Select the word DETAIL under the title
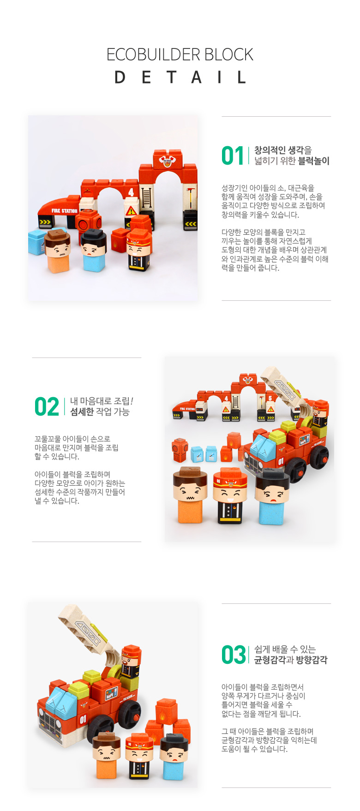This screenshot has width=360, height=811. point(180,77)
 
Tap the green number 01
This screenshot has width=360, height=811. point(233,155)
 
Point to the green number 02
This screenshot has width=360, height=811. point(47,406)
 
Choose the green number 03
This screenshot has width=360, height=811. point(234,655)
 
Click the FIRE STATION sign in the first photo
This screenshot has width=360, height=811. point(64,211)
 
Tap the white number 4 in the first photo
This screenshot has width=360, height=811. point(131,192)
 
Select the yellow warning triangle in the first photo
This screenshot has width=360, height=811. point(131,211)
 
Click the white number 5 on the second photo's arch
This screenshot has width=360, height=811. point(270,398)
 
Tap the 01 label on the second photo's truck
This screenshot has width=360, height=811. point(281,461)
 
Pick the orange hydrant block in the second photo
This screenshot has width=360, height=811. point(179,449)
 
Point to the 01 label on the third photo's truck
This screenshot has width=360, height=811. point(83,719)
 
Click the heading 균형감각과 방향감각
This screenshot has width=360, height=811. point(291,660)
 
